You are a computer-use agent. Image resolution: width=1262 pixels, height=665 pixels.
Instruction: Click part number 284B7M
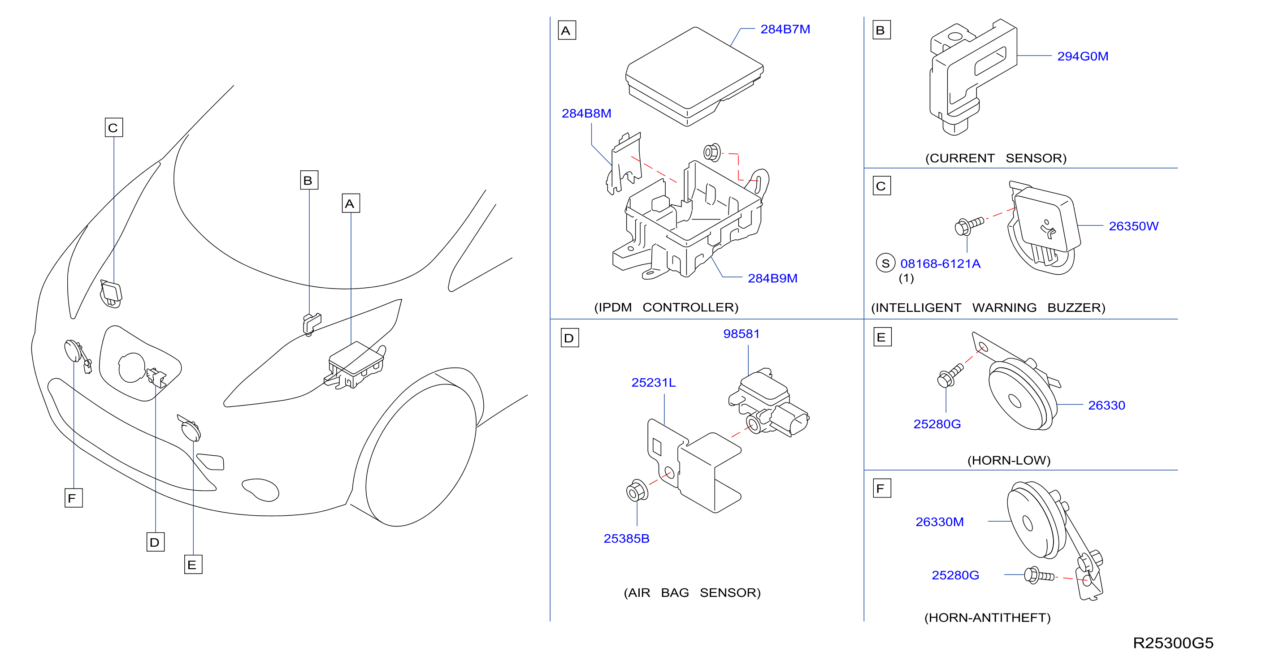click(785, 30)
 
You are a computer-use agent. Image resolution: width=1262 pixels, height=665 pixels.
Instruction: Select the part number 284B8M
click(586, 114)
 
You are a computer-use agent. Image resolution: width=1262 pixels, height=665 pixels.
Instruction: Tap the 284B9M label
click(772, 279)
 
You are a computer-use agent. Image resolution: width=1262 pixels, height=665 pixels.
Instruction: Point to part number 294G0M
click(1082, 56)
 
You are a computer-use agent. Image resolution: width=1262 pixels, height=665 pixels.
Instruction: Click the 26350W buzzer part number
click(1133, 226)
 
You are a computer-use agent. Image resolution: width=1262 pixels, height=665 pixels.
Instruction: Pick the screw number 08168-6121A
click(940, 264)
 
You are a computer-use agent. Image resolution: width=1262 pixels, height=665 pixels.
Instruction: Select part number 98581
click(741, 334)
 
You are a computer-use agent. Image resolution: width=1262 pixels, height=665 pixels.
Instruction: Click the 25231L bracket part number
click(653, 382)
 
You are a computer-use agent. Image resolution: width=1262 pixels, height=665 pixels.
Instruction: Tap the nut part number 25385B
click(626, 539)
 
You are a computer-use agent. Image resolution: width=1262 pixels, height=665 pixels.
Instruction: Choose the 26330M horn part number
click(939, 522)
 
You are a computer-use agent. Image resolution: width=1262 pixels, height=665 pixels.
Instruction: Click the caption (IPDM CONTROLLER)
click(666, 307)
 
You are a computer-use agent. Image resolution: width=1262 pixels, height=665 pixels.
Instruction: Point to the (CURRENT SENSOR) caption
click(996, 158)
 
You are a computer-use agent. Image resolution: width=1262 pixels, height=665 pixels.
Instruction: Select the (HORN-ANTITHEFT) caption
click(987, 618)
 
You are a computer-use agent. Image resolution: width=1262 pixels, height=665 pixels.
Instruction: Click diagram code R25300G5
click(1173, 643)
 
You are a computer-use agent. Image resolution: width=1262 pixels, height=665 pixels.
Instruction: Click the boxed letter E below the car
click(193, 565)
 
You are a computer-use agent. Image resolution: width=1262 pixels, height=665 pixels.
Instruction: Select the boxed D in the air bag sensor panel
click(569, 338)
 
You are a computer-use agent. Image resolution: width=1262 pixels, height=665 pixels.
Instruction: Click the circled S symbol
click(885, 263)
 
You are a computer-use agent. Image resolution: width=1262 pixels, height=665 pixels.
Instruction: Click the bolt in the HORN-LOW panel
click(950, 376)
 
